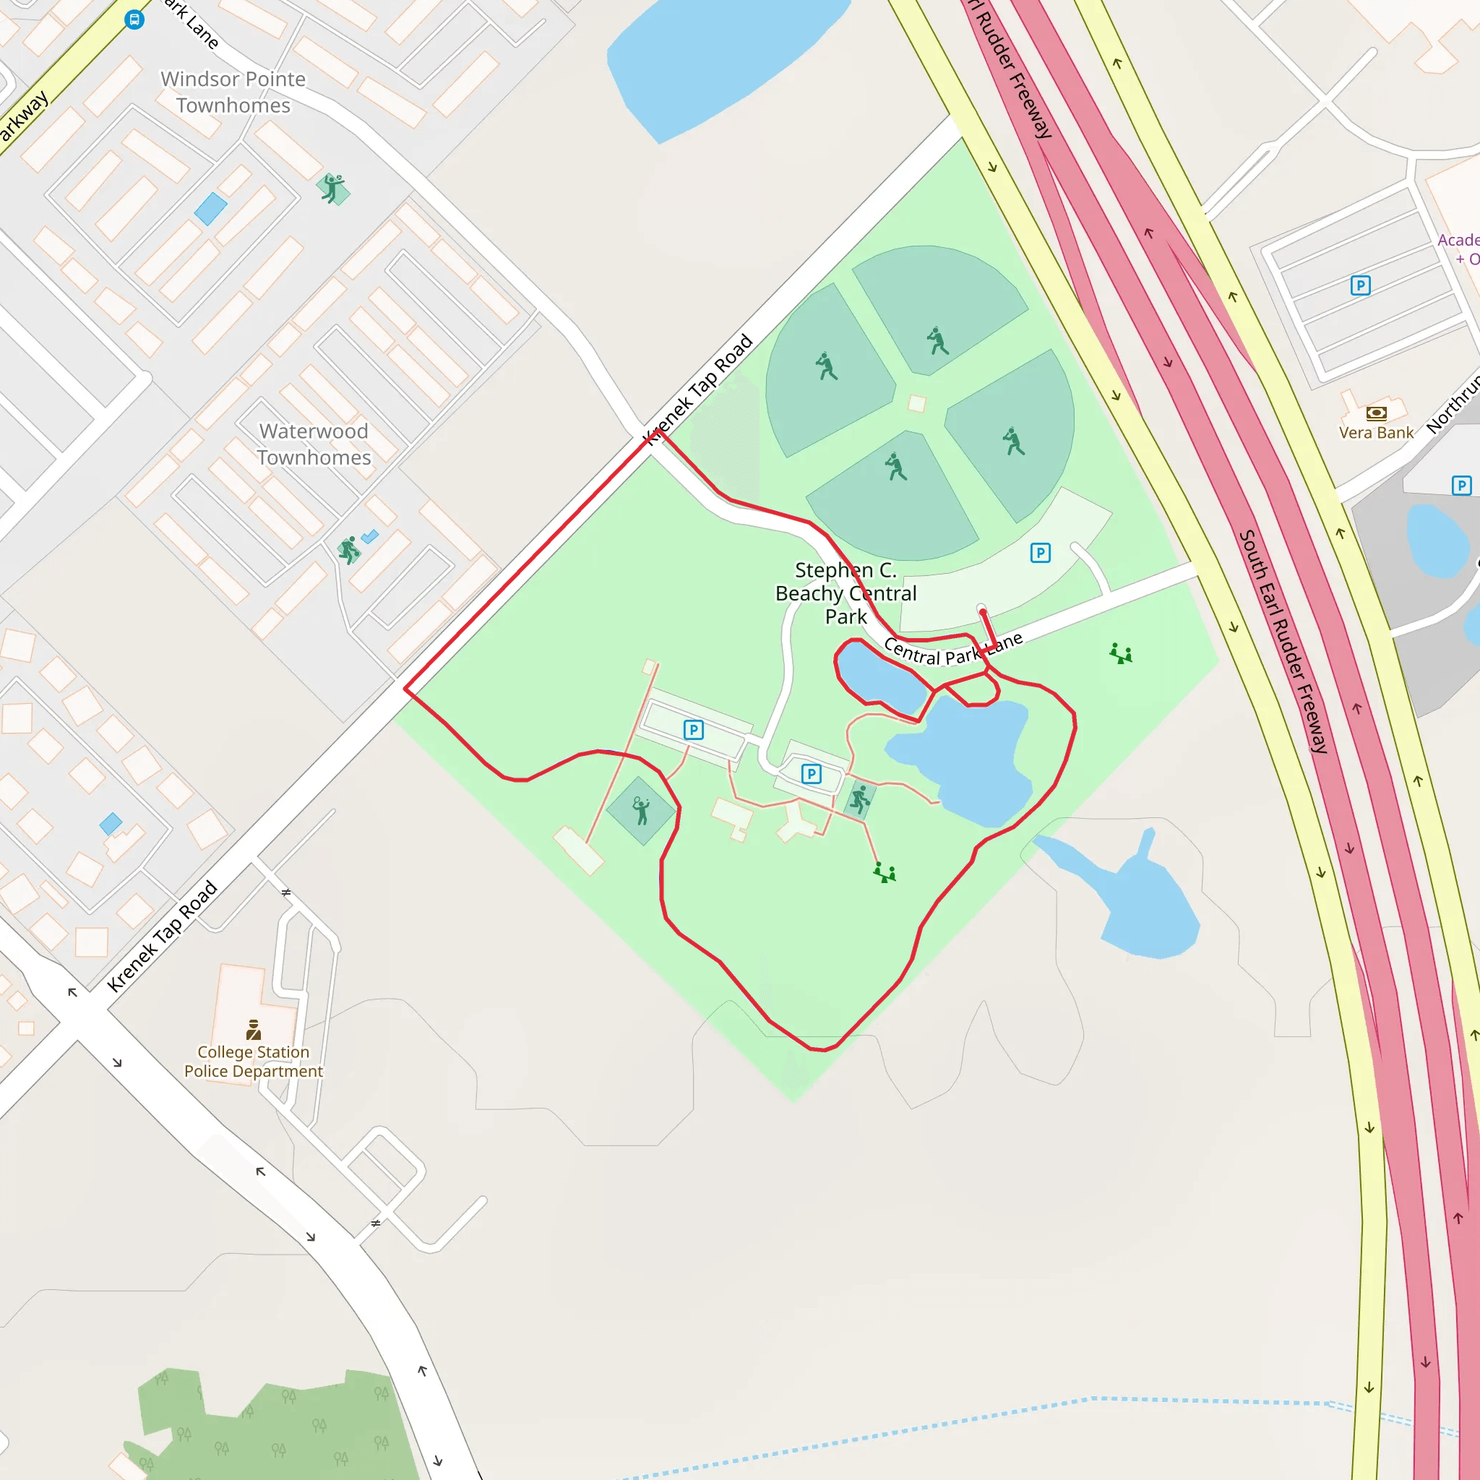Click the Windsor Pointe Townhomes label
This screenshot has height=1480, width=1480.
(x=233, y=92)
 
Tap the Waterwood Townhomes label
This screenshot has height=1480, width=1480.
(x=314, y=444)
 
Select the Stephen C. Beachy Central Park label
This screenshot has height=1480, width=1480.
(x=846, y=593)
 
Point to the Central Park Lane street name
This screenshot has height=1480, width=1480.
(x=952, y=650)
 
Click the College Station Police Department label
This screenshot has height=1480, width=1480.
(x=254, y=1061)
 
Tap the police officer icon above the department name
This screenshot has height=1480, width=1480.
(x=254, y=1029)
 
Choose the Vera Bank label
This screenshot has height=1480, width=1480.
(x=1376, y=433)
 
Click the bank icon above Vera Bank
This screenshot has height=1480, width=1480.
(x=1376, y=413)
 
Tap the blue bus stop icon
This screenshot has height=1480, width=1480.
(x=134, y=20)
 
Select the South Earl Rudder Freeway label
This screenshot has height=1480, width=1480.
(x=1283, y=642)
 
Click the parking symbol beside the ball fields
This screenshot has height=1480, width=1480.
(x=1039, y=553)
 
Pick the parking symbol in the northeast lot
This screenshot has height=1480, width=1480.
(x=1360, y=285)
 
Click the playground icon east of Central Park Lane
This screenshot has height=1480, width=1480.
(x=1121, y=653)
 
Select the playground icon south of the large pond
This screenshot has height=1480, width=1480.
(x=885, y=872)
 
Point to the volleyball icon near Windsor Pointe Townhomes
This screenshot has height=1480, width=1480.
(x=332, y=188)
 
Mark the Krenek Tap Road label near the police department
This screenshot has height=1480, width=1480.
(x=163, y=937)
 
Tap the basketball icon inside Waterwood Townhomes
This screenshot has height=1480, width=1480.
(x=349, y=549)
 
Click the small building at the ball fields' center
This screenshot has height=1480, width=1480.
(x=916, y=404)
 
